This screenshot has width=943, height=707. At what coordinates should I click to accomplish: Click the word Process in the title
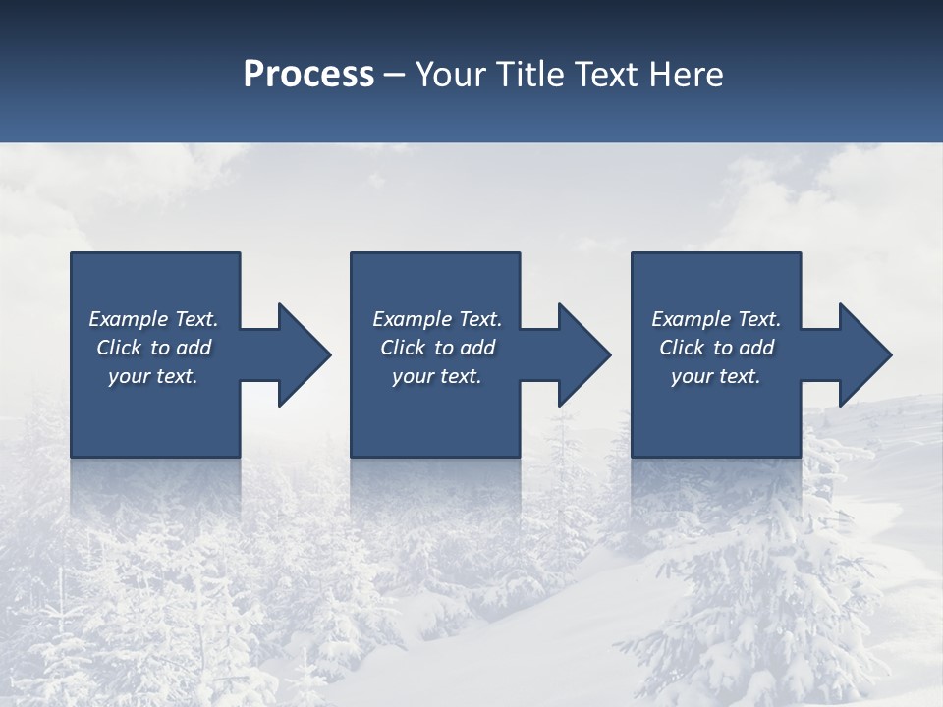tap(308, 74)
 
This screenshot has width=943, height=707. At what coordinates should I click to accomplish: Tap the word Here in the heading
tap(685, 74)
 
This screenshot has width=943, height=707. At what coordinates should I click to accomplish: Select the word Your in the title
tap(451, 74)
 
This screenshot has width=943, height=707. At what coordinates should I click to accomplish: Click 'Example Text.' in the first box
tap(153, 319)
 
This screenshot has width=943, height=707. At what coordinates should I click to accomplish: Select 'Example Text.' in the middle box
tap(437, 319)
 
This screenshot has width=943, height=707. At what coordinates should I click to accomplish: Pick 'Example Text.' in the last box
tap(716, 319)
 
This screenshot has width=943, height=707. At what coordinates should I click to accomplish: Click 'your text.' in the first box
tap(153, 376)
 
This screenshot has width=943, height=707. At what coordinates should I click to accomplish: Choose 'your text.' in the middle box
tap(437, 376)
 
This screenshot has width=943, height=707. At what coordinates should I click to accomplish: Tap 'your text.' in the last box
tap(716, 376)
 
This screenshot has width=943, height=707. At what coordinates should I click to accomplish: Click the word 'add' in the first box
tap(194, 348)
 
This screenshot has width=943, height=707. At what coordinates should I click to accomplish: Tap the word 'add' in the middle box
tap(478, 348)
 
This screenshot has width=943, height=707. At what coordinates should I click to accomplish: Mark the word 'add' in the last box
tap(757, 348)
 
